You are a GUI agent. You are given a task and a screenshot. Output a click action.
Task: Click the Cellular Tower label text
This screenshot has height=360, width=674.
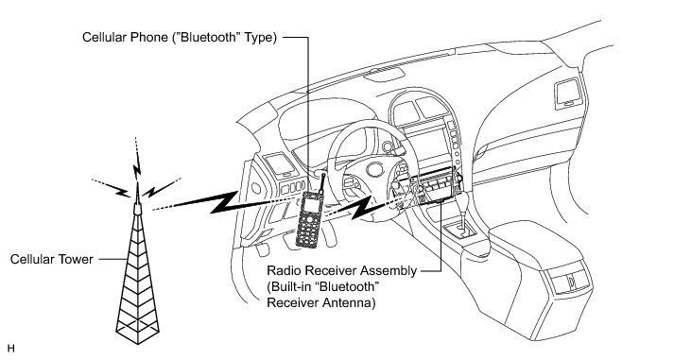pos(52,260)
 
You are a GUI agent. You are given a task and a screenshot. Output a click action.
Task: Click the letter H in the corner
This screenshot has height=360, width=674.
pos(11,349)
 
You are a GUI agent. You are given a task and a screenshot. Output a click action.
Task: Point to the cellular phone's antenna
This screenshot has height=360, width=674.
pos(320,182)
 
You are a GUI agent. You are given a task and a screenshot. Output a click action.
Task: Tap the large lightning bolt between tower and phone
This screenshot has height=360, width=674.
pos(215,202)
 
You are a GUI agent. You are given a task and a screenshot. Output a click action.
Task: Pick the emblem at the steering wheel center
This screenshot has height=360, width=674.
pos(375,170)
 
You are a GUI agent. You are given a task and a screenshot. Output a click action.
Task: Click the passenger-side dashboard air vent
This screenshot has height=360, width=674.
pos(568,94)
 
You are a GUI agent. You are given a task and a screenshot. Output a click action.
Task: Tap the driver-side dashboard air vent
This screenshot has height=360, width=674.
pos(281,164)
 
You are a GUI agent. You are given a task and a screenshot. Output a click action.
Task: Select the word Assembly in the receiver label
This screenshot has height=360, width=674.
pos(389,271)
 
